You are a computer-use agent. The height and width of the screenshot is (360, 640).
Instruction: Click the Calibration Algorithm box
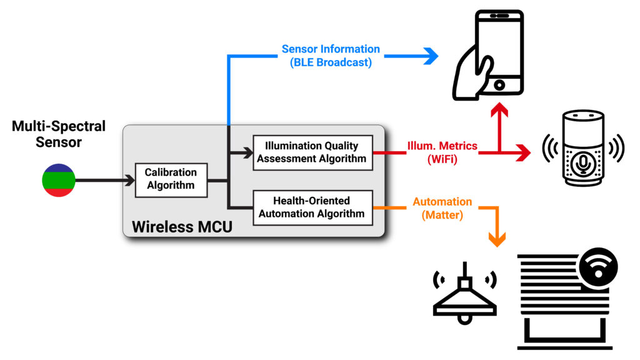(x=171, y=179)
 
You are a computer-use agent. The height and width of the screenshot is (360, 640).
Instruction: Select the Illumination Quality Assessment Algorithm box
(x=312, y=152)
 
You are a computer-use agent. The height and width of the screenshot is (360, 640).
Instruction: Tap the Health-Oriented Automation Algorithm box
(x=312, y=207)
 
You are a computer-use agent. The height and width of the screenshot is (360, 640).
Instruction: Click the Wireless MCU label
(x=182, y=226)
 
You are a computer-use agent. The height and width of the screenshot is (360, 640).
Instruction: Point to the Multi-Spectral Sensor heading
(x=59, y=134)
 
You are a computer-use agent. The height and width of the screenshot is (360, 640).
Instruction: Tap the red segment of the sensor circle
(x=59, y=191)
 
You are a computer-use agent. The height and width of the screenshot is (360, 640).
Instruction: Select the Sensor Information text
(x=331, y=49)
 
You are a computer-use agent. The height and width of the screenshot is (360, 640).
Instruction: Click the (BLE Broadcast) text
(x=331, y=62)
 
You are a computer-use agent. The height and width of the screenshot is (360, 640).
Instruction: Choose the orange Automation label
(x=442, y=202)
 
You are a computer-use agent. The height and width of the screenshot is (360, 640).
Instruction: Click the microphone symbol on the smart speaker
(x=582, y=162)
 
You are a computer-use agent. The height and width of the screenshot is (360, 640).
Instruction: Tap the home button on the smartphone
(x=499, y=84)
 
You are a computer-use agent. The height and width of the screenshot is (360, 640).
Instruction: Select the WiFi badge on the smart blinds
(x=598, y=268)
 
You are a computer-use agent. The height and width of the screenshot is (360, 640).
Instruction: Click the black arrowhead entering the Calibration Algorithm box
(x=129, y=180)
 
